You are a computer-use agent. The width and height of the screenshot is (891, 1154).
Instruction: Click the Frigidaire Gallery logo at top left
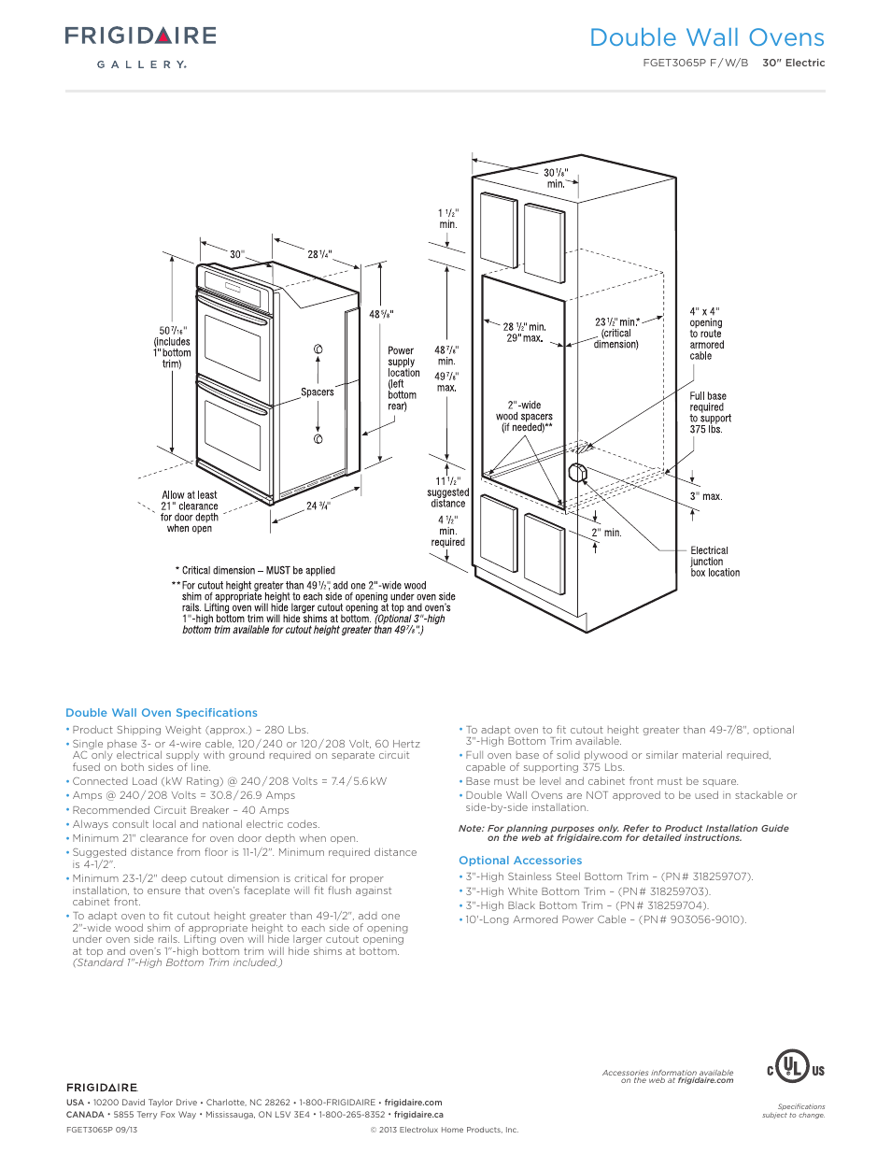click(x=140, y=46)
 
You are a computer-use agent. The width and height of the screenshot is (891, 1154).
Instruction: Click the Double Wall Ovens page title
click(x=706, y=38)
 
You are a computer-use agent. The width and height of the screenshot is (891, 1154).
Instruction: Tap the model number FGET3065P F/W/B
click(x=695, y=64)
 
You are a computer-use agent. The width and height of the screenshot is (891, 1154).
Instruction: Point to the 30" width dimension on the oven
click(x=237, y=254)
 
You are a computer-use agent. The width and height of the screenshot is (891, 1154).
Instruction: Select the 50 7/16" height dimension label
click(x=173, y=347)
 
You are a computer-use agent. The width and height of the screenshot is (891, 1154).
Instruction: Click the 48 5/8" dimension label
click(x=381, y=315)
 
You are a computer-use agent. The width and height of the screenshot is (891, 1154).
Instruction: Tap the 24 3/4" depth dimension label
click(x=318, y=506)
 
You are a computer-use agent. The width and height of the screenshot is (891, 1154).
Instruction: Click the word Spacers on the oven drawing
click(x=317, y=392)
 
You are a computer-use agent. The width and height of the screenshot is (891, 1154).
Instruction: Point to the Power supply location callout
click(x=403, y=378)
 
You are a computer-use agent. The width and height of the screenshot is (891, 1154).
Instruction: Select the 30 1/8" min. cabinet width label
click(x=556, y=178)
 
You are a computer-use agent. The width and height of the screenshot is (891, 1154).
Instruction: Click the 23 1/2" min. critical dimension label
click(x=616, y=333)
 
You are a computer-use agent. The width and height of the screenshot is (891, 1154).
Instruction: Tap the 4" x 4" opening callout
click(x=706, y=334)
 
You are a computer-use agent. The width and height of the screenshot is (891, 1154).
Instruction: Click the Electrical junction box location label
click(x=714, y=562)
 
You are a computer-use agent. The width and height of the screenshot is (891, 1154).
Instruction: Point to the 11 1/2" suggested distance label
click(x=448, y=492)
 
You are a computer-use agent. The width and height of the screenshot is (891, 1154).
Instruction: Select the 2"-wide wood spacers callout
click(x=524, y=417)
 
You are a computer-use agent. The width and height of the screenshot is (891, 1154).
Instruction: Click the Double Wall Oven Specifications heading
click(x=162, y=713)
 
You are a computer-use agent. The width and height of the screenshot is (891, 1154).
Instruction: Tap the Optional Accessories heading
click(x=520, y=861)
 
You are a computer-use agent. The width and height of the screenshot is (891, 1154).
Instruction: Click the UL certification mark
click(x=795, y=1067)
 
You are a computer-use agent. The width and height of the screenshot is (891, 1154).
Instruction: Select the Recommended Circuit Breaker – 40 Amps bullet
click(x=180, y=810)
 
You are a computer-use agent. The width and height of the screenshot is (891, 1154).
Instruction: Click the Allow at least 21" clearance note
click(x=190, y=512)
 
